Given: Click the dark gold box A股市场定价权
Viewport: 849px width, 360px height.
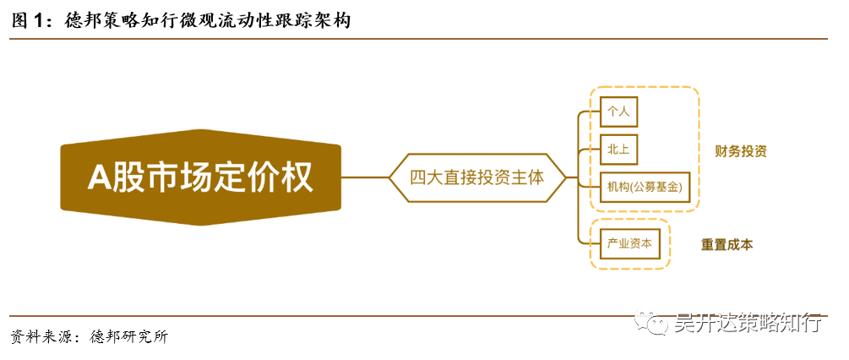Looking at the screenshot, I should [x=200, y=177].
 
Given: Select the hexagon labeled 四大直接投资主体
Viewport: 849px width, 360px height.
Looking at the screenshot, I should [x=476, y=177].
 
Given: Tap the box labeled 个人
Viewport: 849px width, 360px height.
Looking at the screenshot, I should [x=619, y=110].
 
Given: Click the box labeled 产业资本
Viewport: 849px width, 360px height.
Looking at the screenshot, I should [x=629, y=243].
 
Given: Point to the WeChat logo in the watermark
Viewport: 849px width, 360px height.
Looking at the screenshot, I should [x=655, y=323].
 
